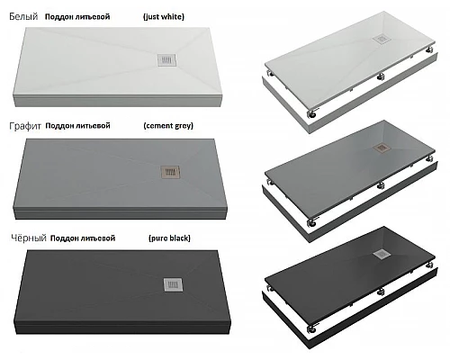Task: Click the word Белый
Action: click(23, 16)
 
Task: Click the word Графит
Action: click(25, 126)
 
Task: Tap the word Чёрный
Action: click(29, 238)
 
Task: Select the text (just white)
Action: click(164, 17)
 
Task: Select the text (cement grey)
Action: click(168, 126)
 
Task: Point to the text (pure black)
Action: click(169, 238)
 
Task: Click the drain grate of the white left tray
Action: click(166, 59)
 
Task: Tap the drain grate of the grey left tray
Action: click(170, 172)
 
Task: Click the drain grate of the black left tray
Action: click(173, 284)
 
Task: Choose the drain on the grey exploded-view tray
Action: click(382, 148)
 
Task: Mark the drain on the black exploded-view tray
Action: click(382, 255)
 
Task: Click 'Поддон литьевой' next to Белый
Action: click(77, 17)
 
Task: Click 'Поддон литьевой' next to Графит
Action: click(77, 126)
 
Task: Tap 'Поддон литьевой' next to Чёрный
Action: click(83, 238)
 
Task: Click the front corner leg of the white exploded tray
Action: click(311, 113)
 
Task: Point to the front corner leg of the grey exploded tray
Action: click(311, 222)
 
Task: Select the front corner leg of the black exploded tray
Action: click(311, 328)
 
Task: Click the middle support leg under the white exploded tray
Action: click(381, 76)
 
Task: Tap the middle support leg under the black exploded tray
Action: click(381, 291)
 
